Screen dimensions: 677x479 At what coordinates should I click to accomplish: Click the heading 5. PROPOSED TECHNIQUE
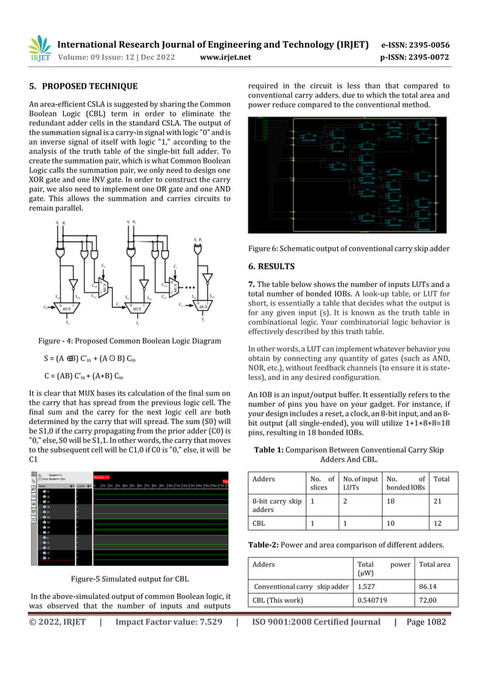[x=83, y=86]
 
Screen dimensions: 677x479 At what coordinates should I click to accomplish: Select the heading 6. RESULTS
[x=275, y=266]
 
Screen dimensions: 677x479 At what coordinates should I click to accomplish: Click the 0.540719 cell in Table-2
[x=373, y=600]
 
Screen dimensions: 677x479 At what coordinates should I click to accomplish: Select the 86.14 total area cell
[x=429, y=586]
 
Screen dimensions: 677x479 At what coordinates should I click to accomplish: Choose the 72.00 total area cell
[x=429, y=600]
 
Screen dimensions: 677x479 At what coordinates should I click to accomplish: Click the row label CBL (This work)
[x=277, y=600]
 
